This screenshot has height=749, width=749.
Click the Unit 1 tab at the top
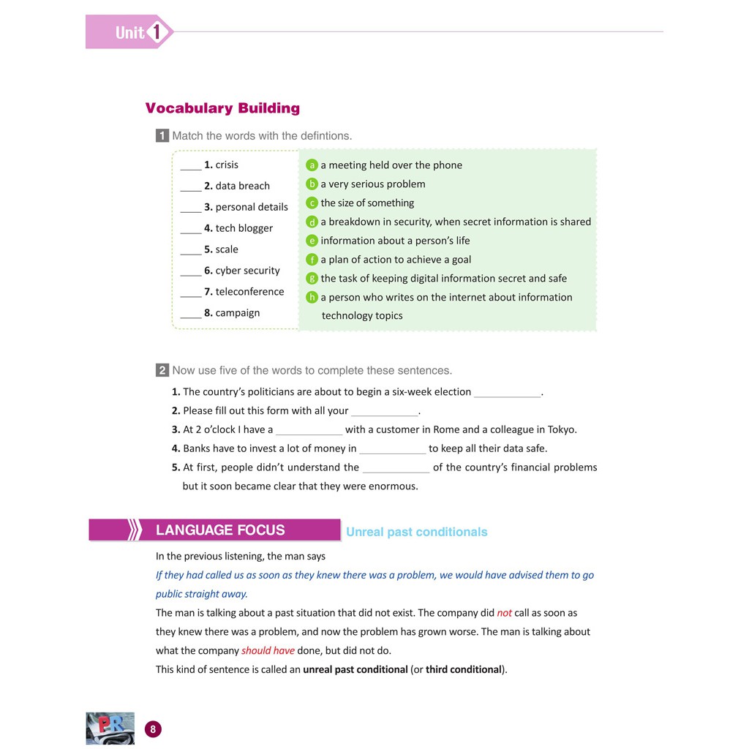click(129, 32)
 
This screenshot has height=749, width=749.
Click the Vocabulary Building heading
click(222, 108)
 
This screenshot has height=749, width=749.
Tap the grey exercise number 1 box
click(162, 136)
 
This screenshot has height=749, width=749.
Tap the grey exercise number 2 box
click(162, 371)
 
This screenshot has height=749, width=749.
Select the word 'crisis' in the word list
click(227, 165)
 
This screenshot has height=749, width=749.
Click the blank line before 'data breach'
click(190, 187)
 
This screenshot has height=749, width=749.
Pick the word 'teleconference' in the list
click(249, 292)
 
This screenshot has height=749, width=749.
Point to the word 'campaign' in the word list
click(238, 313)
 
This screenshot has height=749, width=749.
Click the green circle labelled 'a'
click(312, 165)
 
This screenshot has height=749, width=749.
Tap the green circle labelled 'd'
click(312, 222)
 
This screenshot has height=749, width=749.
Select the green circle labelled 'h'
click(312, 298)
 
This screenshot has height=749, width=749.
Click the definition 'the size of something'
click(367, 203)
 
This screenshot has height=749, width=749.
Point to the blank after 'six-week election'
click(507, 394)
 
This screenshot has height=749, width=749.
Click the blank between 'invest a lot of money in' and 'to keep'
click(393, 450)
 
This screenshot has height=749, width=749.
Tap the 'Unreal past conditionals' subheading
click(417, 532)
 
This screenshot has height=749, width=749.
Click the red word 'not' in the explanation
click(505, 613)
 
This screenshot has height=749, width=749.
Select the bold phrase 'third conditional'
click(465, 669)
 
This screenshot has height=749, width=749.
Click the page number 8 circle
click(153, 729)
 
